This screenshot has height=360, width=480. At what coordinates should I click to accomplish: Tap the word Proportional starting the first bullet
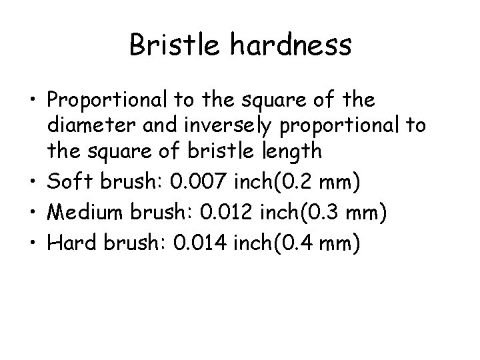click(109, 101)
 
